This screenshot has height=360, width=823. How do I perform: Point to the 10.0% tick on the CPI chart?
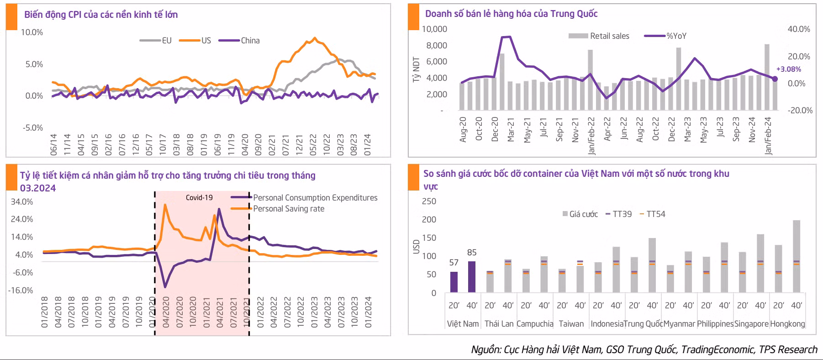(32, 32)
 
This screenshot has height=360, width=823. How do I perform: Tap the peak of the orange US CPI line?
(314, 38)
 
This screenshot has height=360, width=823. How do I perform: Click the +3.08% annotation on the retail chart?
(788, 69)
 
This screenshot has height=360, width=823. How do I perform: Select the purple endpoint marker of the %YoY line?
(775, 79)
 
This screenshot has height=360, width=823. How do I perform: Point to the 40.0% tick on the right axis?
(798, 29)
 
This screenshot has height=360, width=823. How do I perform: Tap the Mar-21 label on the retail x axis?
(511, 129)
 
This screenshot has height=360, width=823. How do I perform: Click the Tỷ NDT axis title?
(416, 69)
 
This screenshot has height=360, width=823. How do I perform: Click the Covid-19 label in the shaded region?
(199, 198)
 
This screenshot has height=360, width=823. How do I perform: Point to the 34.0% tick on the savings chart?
(22, 202)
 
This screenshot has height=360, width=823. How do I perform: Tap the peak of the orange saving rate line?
(165, 205)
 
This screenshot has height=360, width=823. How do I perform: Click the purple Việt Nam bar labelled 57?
(454, 282)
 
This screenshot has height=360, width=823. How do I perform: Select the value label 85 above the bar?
(472, 253)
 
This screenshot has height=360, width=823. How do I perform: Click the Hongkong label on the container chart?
(787, 324)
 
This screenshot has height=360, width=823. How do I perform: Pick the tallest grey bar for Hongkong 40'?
(797, 256)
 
